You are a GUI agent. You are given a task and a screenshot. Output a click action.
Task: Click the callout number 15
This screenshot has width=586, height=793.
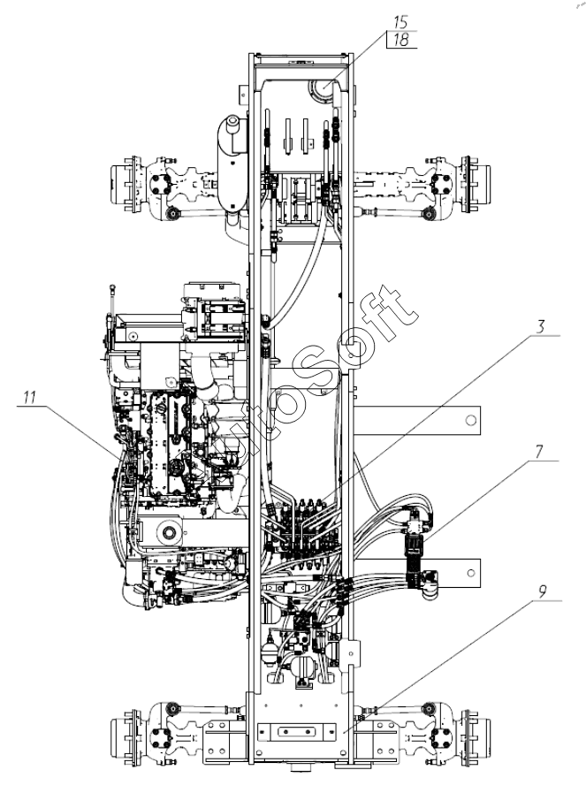pyautogui.click(x=401, y=22)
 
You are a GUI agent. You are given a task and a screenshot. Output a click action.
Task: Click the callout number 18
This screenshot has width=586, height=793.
pyautogui.click(x=401, y=40)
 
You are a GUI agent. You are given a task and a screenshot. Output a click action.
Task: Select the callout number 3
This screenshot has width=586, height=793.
pyautogui.click(x=541, y=327)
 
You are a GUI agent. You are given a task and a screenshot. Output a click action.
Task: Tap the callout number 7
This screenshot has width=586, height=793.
pyautogui.click(x=539, y=452)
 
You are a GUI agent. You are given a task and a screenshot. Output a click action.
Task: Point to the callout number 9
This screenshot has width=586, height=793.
pyautogui.click(x=543, y=591)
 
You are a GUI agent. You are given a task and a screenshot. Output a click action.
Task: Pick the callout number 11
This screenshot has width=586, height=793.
pyautogui.click(x=29, y=397)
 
